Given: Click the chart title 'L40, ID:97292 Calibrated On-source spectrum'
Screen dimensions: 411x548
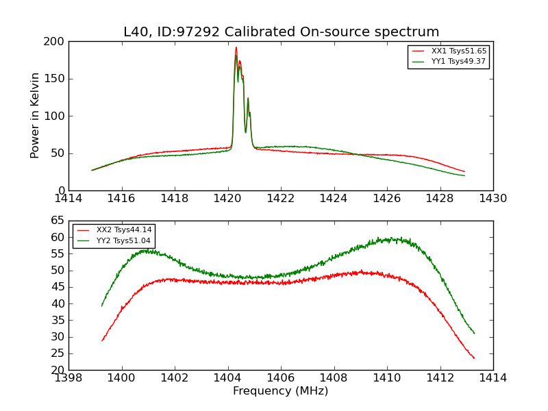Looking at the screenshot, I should pos(281,32).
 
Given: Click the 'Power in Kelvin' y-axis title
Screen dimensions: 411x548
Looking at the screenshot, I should pos(36,116).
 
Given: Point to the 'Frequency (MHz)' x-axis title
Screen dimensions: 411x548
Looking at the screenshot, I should pos(281,391).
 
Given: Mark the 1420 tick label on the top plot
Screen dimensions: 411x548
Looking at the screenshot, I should pos(227,199).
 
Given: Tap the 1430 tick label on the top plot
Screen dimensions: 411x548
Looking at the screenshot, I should pos(493,199).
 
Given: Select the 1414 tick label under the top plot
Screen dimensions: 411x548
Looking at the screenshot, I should pos(69,199).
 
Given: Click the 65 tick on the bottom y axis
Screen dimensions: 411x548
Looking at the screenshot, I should pos(58,221).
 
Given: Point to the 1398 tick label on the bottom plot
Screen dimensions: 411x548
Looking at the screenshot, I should pos(69,378).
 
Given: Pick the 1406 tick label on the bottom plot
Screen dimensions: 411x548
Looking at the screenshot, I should pos(281,378).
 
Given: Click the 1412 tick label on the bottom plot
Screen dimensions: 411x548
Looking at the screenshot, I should pos(440,378).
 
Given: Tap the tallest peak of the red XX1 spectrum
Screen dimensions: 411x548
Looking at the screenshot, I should pos(236,47).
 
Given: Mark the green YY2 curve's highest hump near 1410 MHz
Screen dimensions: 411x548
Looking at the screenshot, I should pos(388,238).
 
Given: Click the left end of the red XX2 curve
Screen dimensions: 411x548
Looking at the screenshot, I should pos(102,340).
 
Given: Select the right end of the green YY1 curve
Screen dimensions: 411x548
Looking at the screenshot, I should pos(464,176).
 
